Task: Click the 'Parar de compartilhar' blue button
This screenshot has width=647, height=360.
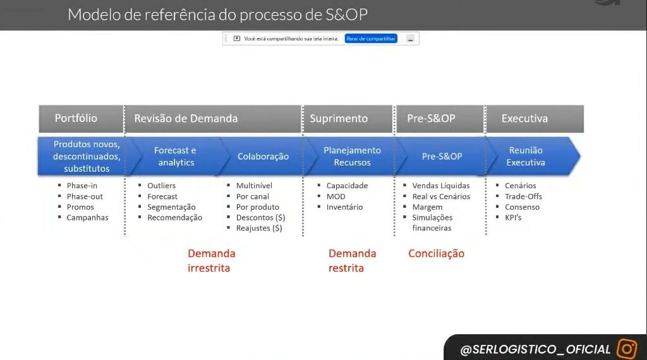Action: (371, 39)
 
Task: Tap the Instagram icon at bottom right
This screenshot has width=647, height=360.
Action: (627, 349)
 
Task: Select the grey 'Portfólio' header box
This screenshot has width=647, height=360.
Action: (82, 119)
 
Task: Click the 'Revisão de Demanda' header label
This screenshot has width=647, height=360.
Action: (186, 118)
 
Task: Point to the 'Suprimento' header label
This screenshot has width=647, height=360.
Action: (339, 118)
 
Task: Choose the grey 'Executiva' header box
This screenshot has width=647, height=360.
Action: (535, 119)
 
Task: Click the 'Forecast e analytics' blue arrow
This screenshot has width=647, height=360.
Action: (175, 156)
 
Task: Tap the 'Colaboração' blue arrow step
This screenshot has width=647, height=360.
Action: (263, 156)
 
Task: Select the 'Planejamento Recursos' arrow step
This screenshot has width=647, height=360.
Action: (352, 156)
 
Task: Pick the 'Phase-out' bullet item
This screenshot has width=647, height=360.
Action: (85, 196)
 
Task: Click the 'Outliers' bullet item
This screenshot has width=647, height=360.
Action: (161, 186)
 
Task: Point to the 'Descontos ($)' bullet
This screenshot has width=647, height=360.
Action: (260, 217)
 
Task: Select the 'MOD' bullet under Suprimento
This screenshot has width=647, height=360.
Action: (336, 196)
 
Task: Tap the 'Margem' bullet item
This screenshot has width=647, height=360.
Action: (427, 207)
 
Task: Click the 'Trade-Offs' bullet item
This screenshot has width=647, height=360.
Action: (523, 196)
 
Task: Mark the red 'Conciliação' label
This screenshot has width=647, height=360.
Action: (436, 253)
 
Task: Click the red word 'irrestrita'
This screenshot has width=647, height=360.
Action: (209, 268)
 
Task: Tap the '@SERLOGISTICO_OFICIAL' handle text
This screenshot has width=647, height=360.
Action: (535, 349)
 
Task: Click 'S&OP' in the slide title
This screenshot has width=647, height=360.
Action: (346, 15)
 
